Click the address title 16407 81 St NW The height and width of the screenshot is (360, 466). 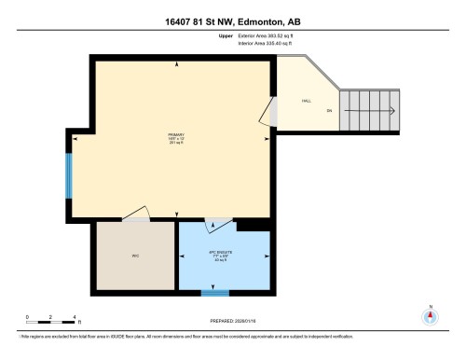[x=233, y=21]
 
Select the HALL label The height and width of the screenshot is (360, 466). [x=306, y=101]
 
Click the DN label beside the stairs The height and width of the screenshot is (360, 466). [x=329, y=112]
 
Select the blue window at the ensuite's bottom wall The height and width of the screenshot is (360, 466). [x=215, y=292]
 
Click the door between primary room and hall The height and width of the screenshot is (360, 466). [x=272, y=111]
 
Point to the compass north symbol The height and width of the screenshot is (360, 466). [x=430, y=314]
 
